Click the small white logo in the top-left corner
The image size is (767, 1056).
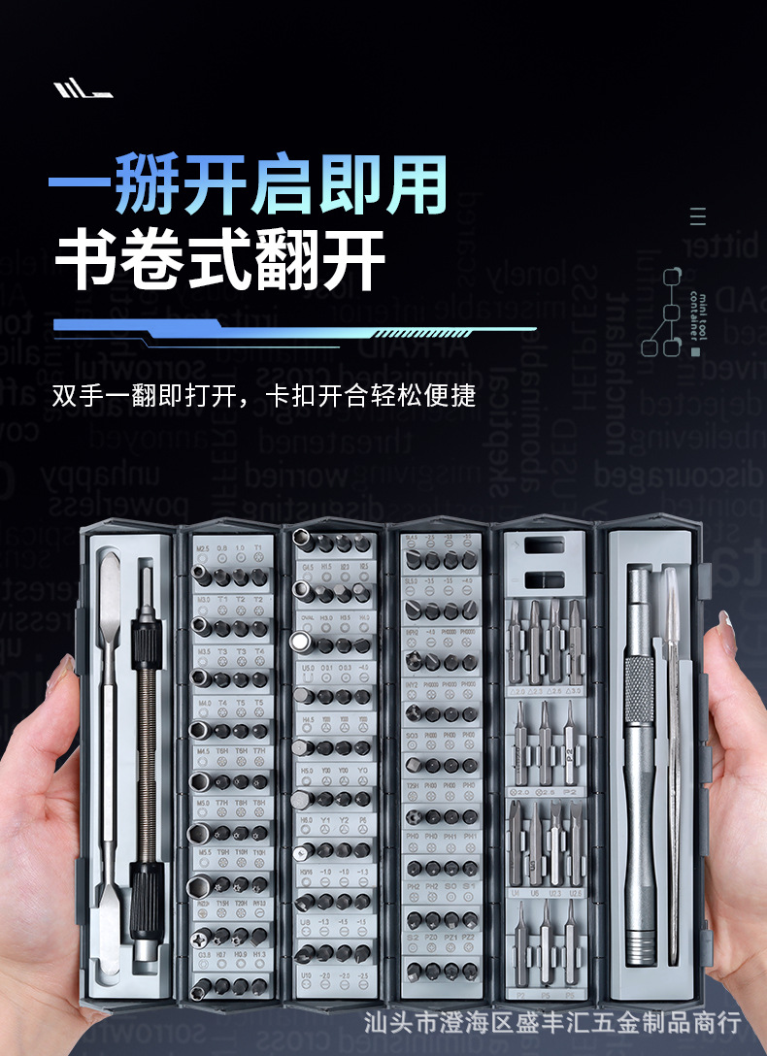click(83, 90)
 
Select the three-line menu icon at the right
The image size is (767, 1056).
click(698, 216)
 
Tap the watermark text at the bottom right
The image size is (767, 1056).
click(551, 1022)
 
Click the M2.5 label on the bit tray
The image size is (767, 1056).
click(203, 548)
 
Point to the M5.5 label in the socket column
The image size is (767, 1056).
click(203, 853)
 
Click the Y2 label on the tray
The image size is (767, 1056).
click(344, 820)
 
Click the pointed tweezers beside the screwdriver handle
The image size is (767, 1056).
click(671, 757)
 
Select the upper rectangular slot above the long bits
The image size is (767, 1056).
click(544, 545)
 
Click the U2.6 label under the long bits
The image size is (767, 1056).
click(576, 892)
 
